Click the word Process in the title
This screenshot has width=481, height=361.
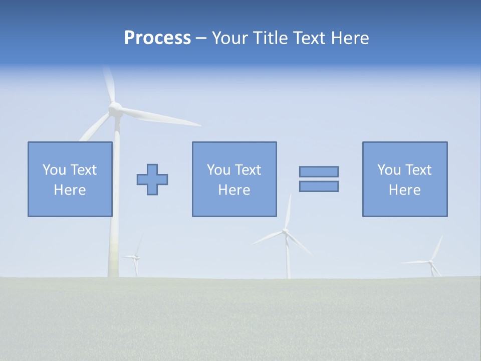(x=157, y=38)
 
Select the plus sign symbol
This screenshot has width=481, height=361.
(x=152, y=179)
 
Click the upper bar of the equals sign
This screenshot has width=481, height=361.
(x=319, y=171)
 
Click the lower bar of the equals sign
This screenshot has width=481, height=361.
(x=319, y=186)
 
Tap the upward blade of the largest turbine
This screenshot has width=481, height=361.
(x=109, y=83)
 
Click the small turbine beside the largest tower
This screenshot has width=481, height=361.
(x=135, y=257)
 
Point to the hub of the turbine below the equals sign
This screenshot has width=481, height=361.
(x=285, y=231)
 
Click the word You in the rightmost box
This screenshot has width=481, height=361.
(x=389, y=170)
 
